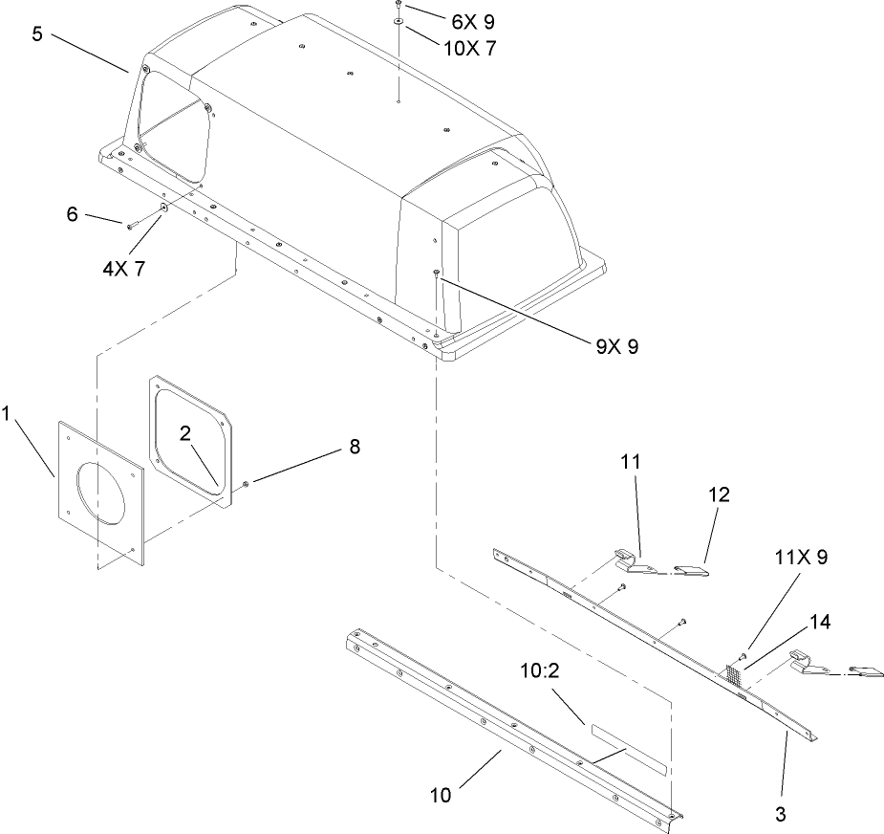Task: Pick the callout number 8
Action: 355,447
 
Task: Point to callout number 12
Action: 719,494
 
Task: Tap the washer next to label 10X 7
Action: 398,20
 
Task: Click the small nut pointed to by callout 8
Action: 246,484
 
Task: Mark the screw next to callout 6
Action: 132,223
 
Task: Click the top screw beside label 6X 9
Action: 397,6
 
